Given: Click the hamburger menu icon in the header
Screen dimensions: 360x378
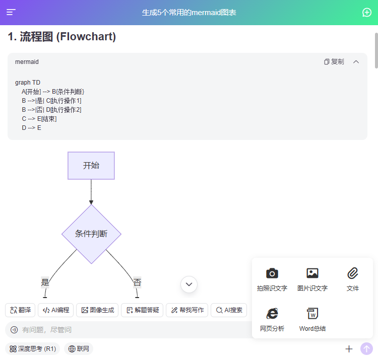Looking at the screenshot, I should click(x=11, y=13).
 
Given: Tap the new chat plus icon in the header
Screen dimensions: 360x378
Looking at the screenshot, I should click(x=367, y=13).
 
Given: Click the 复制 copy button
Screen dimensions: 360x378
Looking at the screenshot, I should click(x=334, y=61).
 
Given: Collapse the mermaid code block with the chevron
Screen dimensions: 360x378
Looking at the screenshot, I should click(x=356, y=61).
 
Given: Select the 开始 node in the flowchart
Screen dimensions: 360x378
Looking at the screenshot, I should click(x=91, y=166).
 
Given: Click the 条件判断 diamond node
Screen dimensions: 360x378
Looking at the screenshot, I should click(x=91, y=234).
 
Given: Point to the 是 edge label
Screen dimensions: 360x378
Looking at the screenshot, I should click(x=45, y=282).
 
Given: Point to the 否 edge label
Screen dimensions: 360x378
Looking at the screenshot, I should click(x=137, y=282).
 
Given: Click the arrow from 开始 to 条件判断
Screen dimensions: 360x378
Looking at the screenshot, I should click(x=91, y=192).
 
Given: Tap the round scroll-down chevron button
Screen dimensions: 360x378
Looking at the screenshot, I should click(x=189, y=284).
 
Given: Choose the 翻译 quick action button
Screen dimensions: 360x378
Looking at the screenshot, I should click(x=20, y=310).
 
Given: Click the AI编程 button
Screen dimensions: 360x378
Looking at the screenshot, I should click(x=55, y=310).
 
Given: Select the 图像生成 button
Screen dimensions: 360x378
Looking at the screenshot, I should click(x=97, y=310).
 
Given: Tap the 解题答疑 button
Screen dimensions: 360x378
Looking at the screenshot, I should click(x=142, y=310).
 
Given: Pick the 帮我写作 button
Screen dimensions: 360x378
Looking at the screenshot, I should click(x=187, y=310).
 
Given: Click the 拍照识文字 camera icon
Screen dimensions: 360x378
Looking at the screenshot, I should click(x=272, y=273).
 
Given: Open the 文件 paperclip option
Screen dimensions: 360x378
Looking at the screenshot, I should click(x=353, y=273).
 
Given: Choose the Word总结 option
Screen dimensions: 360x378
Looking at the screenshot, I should click(x=312, y=314).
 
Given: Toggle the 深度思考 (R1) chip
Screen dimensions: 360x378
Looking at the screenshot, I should click(x=32, y=348).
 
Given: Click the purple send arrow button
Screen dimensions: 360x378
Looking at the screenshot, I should click(x=366, y=348).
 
